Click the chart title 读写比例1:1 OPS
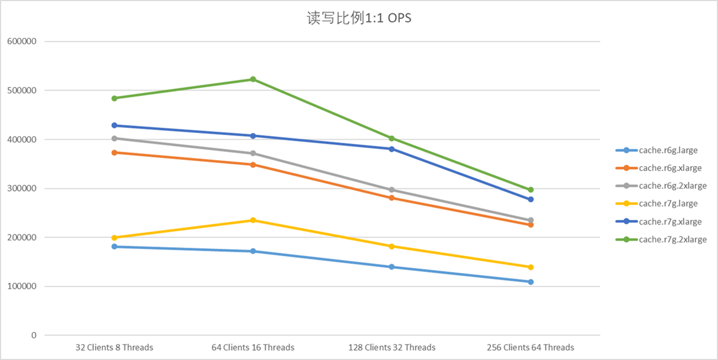359,18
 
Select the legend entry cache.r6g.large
668,150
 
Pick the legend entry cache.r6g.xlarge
670,168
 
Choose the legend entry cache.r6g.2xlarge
672,186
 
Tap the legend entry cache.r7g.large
668,204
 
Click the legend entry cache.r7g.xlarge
670,222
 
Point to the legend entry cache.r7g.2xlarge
672,239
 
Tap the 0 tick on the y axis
34,336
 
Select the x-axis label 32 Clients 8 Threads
115,348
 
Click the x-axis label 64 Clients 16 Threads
253,348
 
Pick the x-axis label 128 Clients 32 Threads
392,348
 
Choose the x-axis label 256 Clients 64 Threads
531,348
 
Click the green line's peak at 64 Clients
253,79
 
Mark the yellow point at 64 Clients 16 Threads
253,220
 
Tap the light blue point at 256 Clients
531,282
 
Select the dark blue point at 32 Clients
115,125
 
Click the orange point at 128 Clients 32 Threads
392,198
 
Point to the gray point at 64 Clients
253,153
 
